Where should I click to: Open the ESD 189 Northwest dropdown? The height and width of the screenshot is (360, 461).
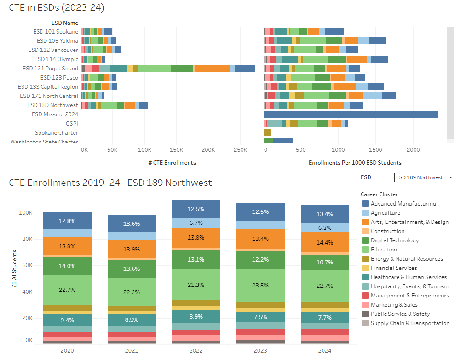pos(424,177)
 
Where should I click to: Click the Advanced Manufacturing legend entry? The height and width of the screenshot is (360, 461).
pos(403,204)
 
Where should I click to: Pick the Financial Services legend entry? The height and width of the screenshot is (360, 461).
pos(393,268)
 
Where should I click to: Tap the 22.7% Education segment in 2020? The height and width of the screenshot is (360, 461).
pos(67,290)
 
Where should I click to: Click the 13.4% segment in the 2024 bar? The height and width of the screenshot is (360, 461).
pos(324,214)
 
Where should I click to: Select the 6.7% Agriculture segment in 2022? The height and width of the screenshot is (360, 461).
pos(196,223)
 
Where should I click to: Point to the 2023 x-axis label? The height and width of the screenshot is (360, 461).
pos(260,351)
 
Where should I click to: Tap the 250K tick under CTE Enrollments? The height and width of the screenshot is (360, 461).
pos(241,150)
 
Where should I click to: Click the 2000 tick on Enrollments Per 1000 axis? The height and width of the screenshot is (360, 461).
pos(413,150)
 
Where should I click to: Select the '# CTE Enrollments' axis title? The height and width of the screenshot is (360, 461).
pos(172,162)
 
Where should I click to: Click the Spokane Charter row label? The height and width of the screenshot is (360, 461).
pos(57,133)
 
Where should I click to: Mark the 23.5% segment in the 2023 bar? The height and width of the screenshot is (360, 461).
pos(260,285)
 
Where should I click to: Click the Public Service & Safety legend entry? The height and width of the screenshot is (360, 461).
pos(400,314)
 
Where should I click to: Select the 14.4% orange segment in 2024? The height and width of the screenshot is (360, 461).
pos(324,242)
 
